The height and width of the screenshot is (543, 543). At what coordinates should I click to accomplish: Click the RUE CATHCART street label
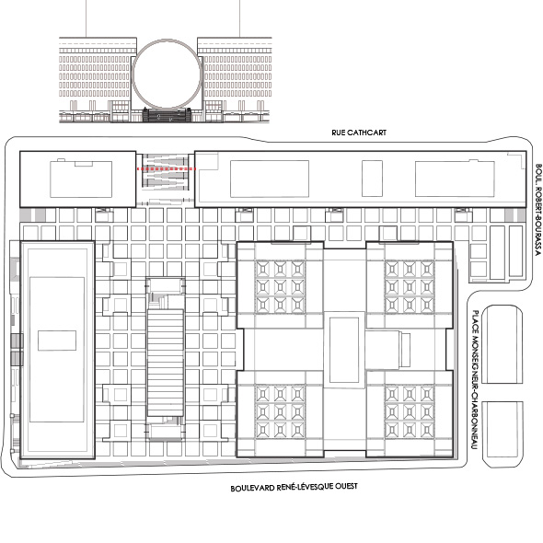359,133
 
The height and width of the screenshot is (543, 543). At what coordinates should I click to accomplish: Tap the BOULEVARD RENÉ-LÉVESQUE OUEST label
294,487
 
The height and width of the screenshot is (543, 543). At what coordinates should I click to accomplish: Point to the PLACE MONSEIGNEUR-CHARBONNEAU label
476,380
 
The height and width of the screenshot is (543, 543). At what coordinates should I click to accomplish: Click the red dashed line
167,168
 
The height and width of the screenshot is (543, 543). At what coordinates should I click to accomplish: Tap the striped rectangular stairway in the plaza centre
166,363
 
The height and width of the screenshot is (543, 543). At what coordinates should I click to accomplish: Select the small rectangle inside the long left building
57,341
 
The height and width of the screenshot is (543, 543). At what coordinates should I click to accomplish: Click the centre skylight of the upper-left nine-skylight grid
280,287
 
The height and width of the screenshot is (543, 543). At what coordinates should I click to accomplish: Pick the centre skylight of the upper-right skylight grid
410,287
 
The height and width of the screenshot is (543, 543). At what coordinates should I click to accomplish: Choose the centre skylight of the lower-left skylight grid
280,411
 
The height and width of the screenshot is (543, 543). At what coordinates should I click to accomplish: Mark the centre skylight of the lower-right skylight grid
410,411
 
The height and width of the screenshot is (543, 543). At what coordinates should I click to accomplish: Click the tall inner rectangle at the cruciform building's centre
344,350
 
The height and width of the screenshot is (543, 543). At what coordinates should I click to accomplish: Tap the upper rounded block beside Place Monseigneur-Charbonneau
503,344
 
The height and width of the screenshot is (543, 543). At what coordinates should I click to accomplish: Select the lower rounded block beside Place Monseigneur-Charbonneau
503,434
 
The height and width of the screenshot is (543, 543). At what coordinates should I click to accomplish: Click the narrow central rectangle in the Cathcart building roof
372,179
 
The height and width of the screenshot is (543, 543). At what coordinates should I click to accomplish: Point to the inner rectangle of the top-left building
81,179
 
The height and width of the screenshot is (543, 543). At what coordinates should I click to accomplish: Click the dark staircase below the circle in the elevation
167,115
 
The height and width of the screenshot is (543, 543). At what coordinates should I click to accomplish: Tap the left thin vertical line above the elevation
86,18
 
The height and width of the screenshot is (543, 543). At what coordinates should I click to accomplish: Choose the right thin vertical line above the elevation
239,18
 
